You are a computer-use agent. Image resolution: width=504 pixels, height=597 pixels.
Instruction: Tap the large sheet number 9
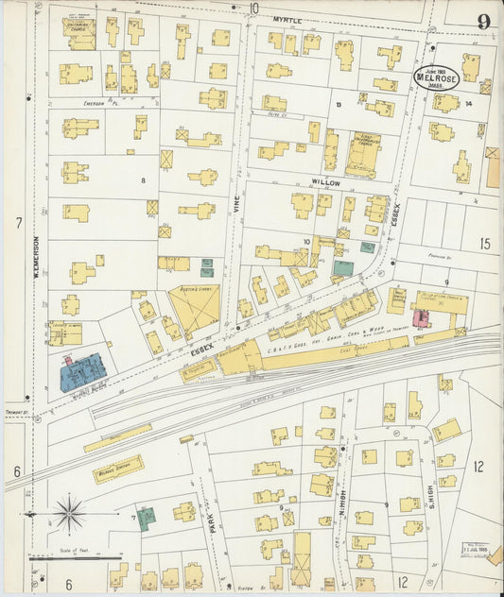pyautogui.click(x=483, y=22)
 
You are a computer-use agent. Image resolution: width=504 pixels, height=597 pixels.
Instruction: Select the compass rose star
pyautogui.click(x=69, y=514)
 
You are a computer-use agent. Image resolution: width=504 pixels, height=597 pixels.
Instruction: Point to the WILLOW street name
pyautogui.click(x=325, y=180)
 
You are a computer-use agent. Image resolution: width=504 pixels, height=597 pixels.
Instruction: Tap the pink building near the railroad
pyautogui.click(x=422, y=318)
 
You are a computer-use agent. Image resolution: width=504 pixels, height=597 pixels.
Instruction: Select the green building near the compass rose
pyautogui.click(x=147, y=519)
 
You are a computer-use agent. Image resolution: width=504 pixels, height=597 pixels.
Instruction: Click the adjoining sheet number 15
pyautogui.click(x=485, y=244)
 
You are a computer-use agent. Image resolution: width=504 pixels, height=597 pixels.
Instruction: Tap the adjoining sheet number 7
pyautogui.click(x=17, y=223)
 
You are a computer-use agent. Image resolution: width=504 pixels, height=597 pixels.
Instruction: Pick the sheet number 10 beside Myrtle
pyautogui.click(x=254, y=8)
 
